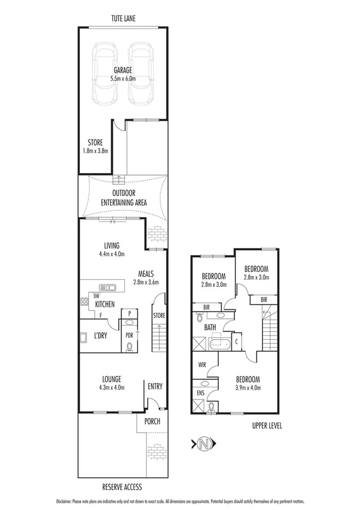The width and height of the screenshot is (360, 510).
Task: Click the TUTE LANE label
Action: tap(123, 19)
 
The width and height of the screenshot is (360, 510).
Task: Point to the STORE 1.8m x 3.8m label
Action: tap(95, 146)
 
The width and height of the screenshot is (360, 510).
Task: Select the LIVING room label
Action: tap(112, 245)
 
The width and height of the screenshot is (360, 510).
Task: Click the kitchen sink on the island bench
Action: tap(108, 287)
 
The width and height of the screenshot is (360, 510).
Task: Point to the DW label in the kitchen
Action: tap(96, 296)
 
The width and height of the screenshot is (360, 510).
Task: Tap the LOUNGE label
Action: tap(112, 379)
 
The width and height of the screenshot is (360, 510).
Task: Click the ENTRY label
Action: tap(154, 386)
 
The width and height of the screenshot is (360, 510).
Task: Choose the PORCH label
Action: tap(152, 421)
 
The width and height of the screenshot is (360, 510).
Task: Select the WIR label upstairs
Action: tap(202, 364)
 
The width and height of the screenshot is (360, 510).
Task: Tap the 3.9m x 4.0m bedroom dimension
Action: tap(247, 387)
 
